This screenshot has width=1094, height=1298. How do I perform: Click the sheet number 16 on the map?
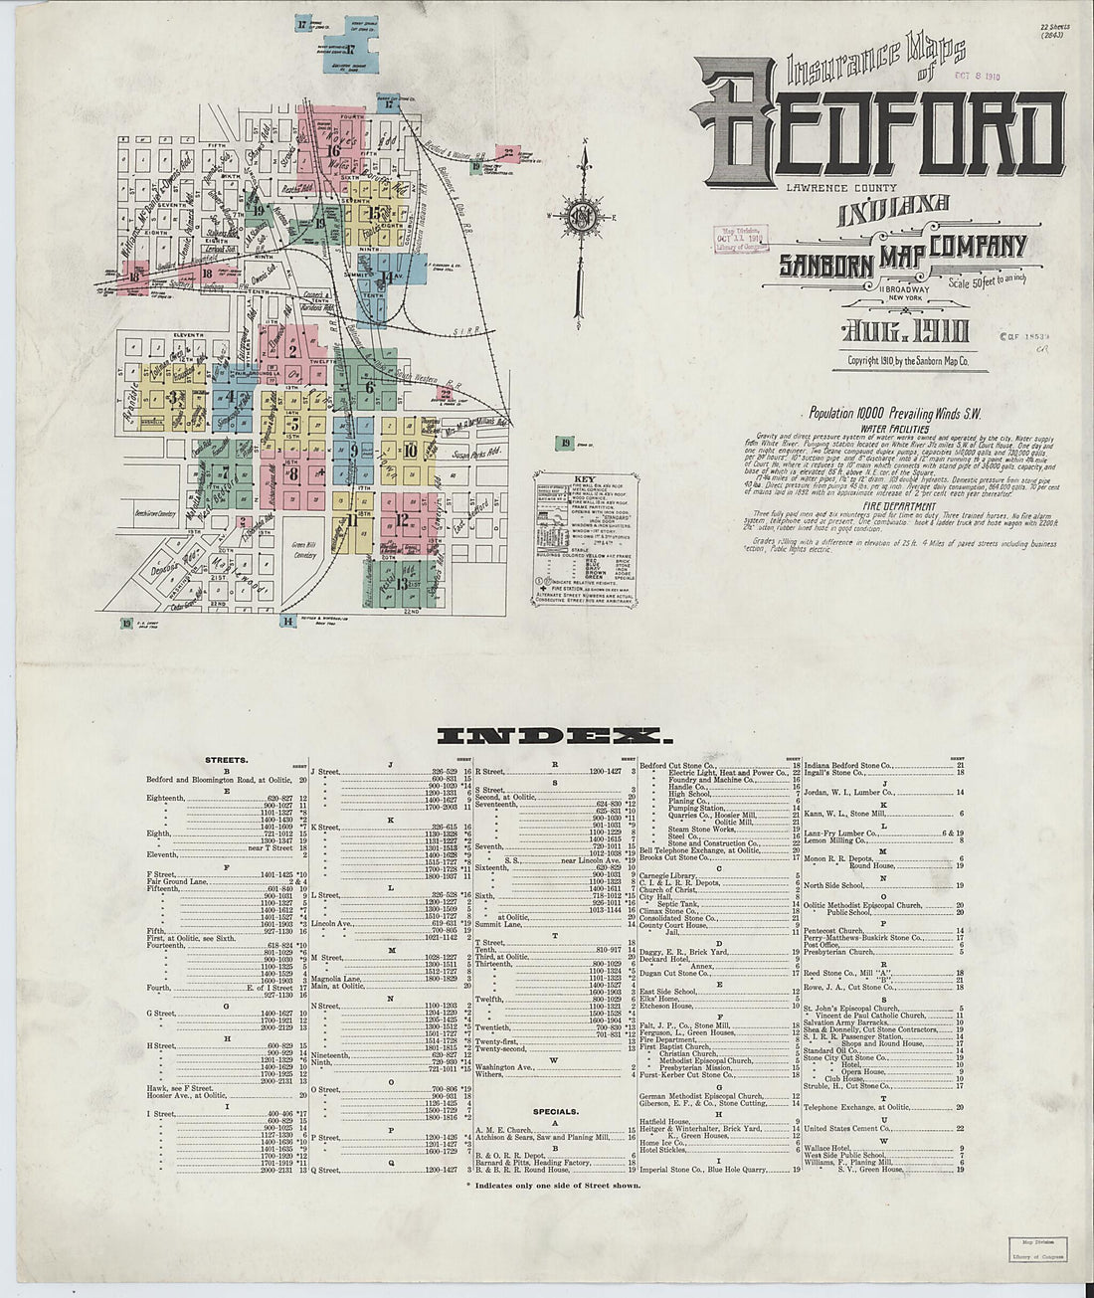[332, 151]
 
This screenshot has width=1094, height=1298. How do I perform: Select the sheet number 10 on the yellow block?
[410, 450]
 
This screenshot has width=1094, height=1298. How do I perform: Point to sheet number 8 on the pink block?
[293, 473]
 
